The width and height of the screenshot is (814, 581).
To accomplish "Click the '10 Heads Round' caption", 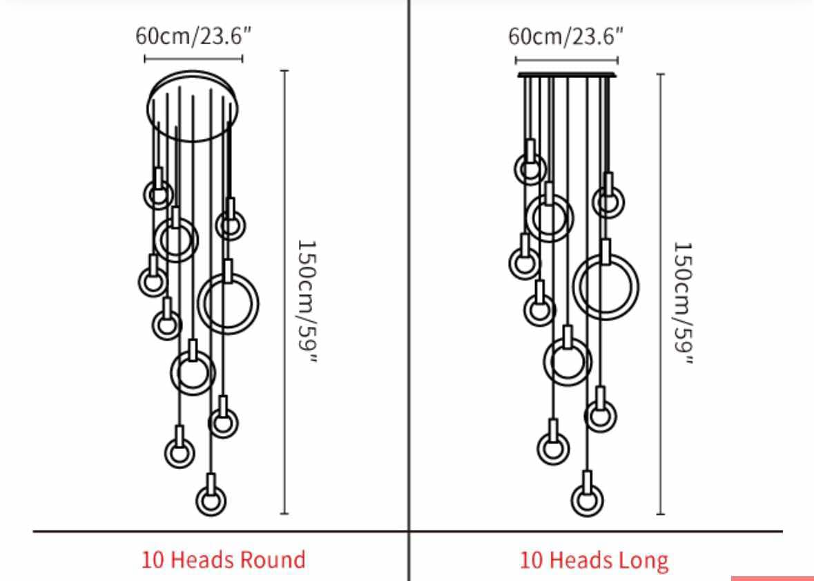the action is pyautogui.click(x=223, y=560).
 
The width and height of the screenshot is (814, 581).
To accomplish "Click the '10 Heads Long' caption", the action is pyautogui.click(x=594, y=560).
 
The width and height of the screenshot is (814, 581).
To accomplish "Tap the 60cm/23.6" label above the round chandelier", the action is pyautogui.click(x=193, y=36).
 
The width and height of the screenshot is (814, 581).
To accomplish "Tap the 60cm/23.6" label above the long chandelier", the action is pyautogui.click(x=565, y=37).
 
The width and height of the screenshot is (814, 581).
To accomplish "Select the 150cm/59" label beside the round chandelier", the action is pyautogui.click(x=307, y=301).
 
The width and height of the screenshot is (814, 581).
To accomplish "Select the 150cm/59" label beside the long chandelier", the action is pyautogui.click(x=683, y=303).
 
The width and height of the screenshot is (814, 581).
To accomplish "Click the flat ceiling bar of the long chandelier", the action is pyautogui.click(x=567, y=75).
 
